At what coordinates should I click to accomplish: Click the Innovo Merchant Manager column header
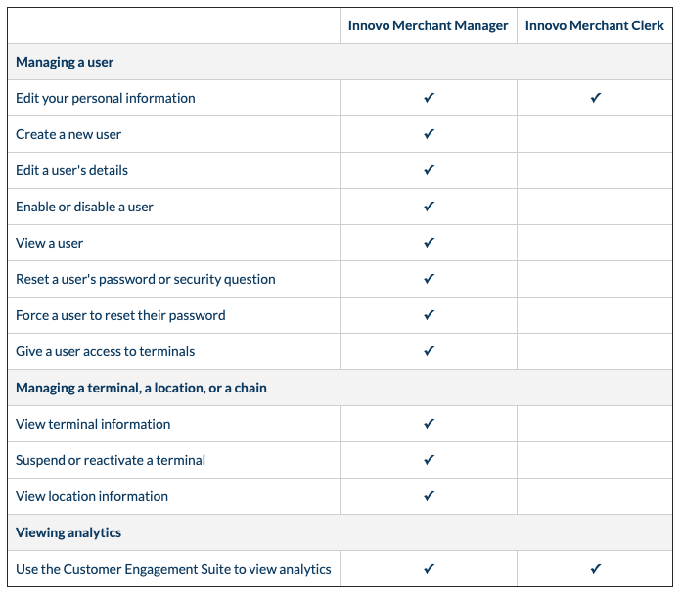pos(428,25)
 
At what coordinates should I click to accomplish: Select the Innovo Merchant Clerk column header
pos(595,25)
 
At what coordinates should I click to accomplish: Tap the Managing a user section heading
pos(65,62)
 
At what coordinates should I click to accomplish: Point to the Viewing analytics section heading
pos(68,532)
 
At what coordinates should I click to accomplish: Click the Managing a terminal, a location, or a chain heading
pos(141,388)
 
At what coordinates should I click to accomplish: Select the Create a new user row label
pos(68,134)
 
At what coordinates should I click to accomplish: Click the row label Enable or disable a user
pos(84,207)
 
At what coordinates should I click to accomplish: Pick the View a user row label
pos(50,243)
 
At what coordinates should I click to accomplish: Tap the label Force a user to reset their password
pos(120,315)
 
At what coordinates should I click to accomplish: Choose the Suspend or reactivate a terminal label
pos(111,460)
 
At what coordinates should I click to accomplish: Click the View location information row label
pos(92,496)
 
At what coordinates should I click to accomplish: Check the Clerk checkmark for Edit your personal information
pos(595,98)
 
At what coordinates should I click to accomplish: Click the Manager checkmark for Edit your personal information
pos(429,98)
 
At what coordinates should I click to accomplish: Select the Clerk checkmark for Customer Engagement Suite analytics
pos(595,569)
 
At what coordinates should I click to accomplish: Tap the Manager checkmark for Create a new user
pos(429,134)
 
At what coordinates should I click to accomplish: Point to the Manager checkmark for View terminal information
pos(429,424)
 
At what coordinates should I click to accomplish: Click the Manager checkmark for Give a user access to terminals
pos(429,351)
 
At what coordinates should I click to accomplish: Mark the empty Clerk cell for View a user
pos(595,243)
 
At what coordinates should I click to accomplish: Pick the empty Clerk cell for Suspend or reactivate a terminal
pos(595,460)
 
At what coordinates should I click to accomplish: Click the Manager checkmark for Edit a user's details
pos(429,170)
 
